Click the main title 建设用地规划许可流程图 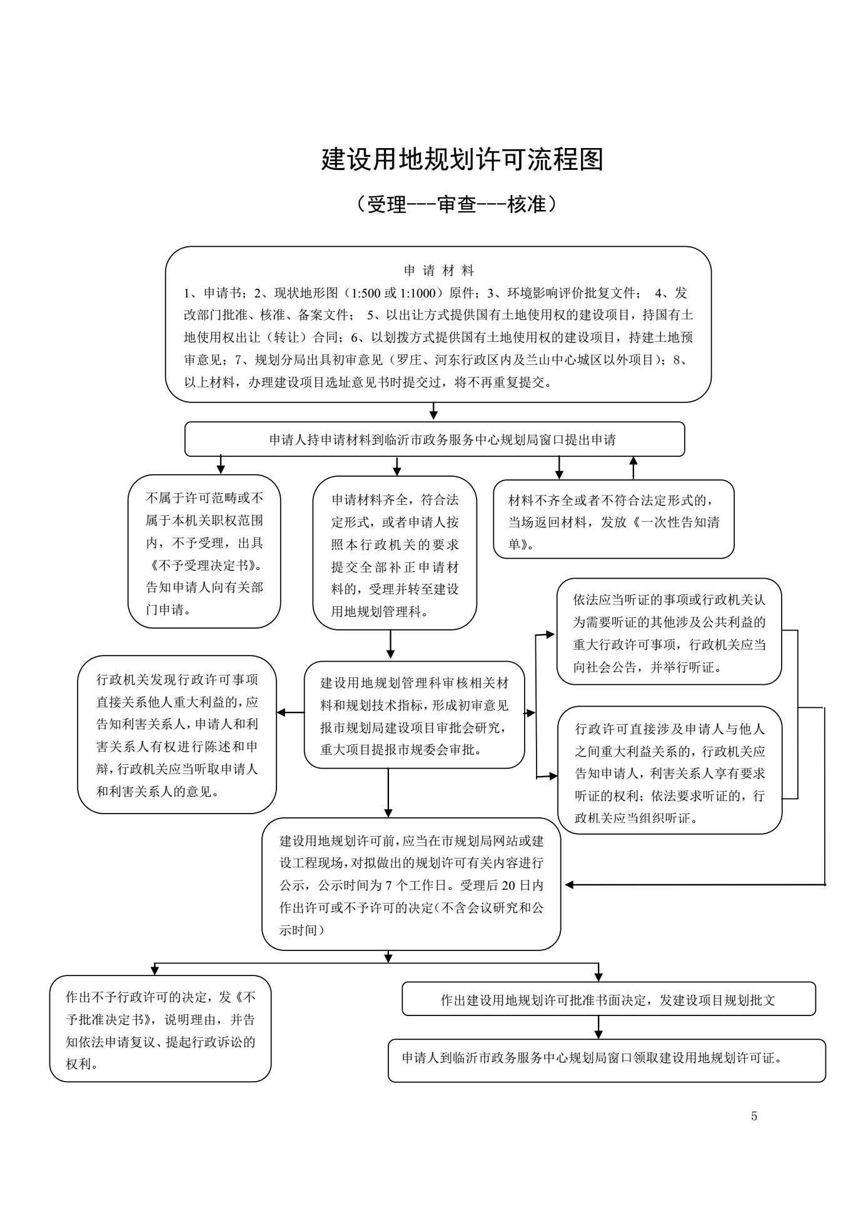coord(462,160)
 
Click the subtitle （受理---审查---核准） coord(455,204)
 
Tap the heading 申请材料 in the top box coord(439,271)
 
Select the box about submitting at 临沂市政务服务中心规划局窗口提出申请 coord(435,439)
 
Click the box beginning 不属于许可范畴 coord(204,551)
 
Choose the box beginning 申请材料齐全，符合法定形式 coord(395,552)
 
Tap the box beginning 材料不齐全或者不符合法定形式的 coord(613,519)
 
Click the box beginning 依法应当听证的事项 coord(669,631)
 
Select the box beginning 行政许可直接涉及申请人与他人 coord(670,770)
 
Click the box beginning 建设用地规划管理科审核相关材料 coord(414,715)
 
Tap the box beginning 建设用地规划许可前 coord(411,884)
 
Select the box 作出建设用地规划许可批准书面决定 coord(608,999)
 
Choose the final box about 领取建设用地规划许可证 coord(607,1060)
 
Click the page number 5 coord(754,1117)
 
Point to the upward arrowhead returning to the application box coord(633,461)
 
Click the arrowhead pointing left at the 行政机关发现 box coord(281,712)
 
